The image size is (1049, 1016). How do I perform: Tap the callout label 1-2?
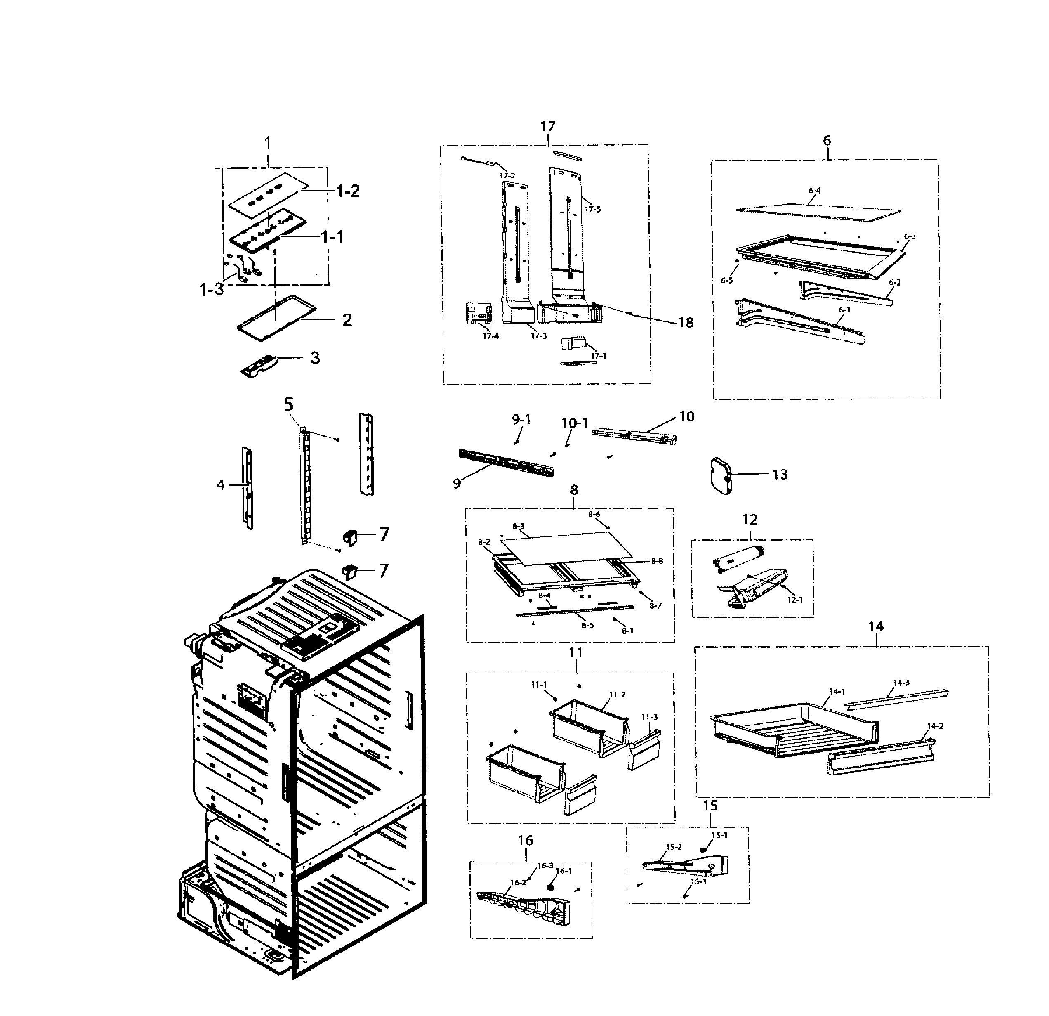(x=347, y=191)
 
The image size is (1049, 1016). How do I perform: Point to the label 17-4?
(x=490, y=336)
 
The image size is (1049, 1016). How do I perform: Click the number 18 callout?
(x=686, y=322)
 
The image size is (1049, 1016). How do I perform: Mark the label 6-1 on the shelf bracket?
(x=844, y=310)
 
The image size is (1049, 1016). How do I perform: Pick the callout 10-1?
(x=574, y=423)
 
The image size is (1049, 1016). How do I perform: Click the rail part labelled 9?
(x=506, y=463)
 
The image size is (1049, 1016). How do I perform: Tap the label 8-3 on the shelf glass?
(x=518, y=526)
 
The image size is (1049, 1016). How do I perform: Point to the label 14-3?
(x=901, y=683)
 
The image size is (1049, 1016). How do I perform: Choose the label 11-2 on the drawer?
(x=617, y=695)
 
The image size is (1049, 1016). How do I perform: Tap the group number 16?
(x=525, y=841)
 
